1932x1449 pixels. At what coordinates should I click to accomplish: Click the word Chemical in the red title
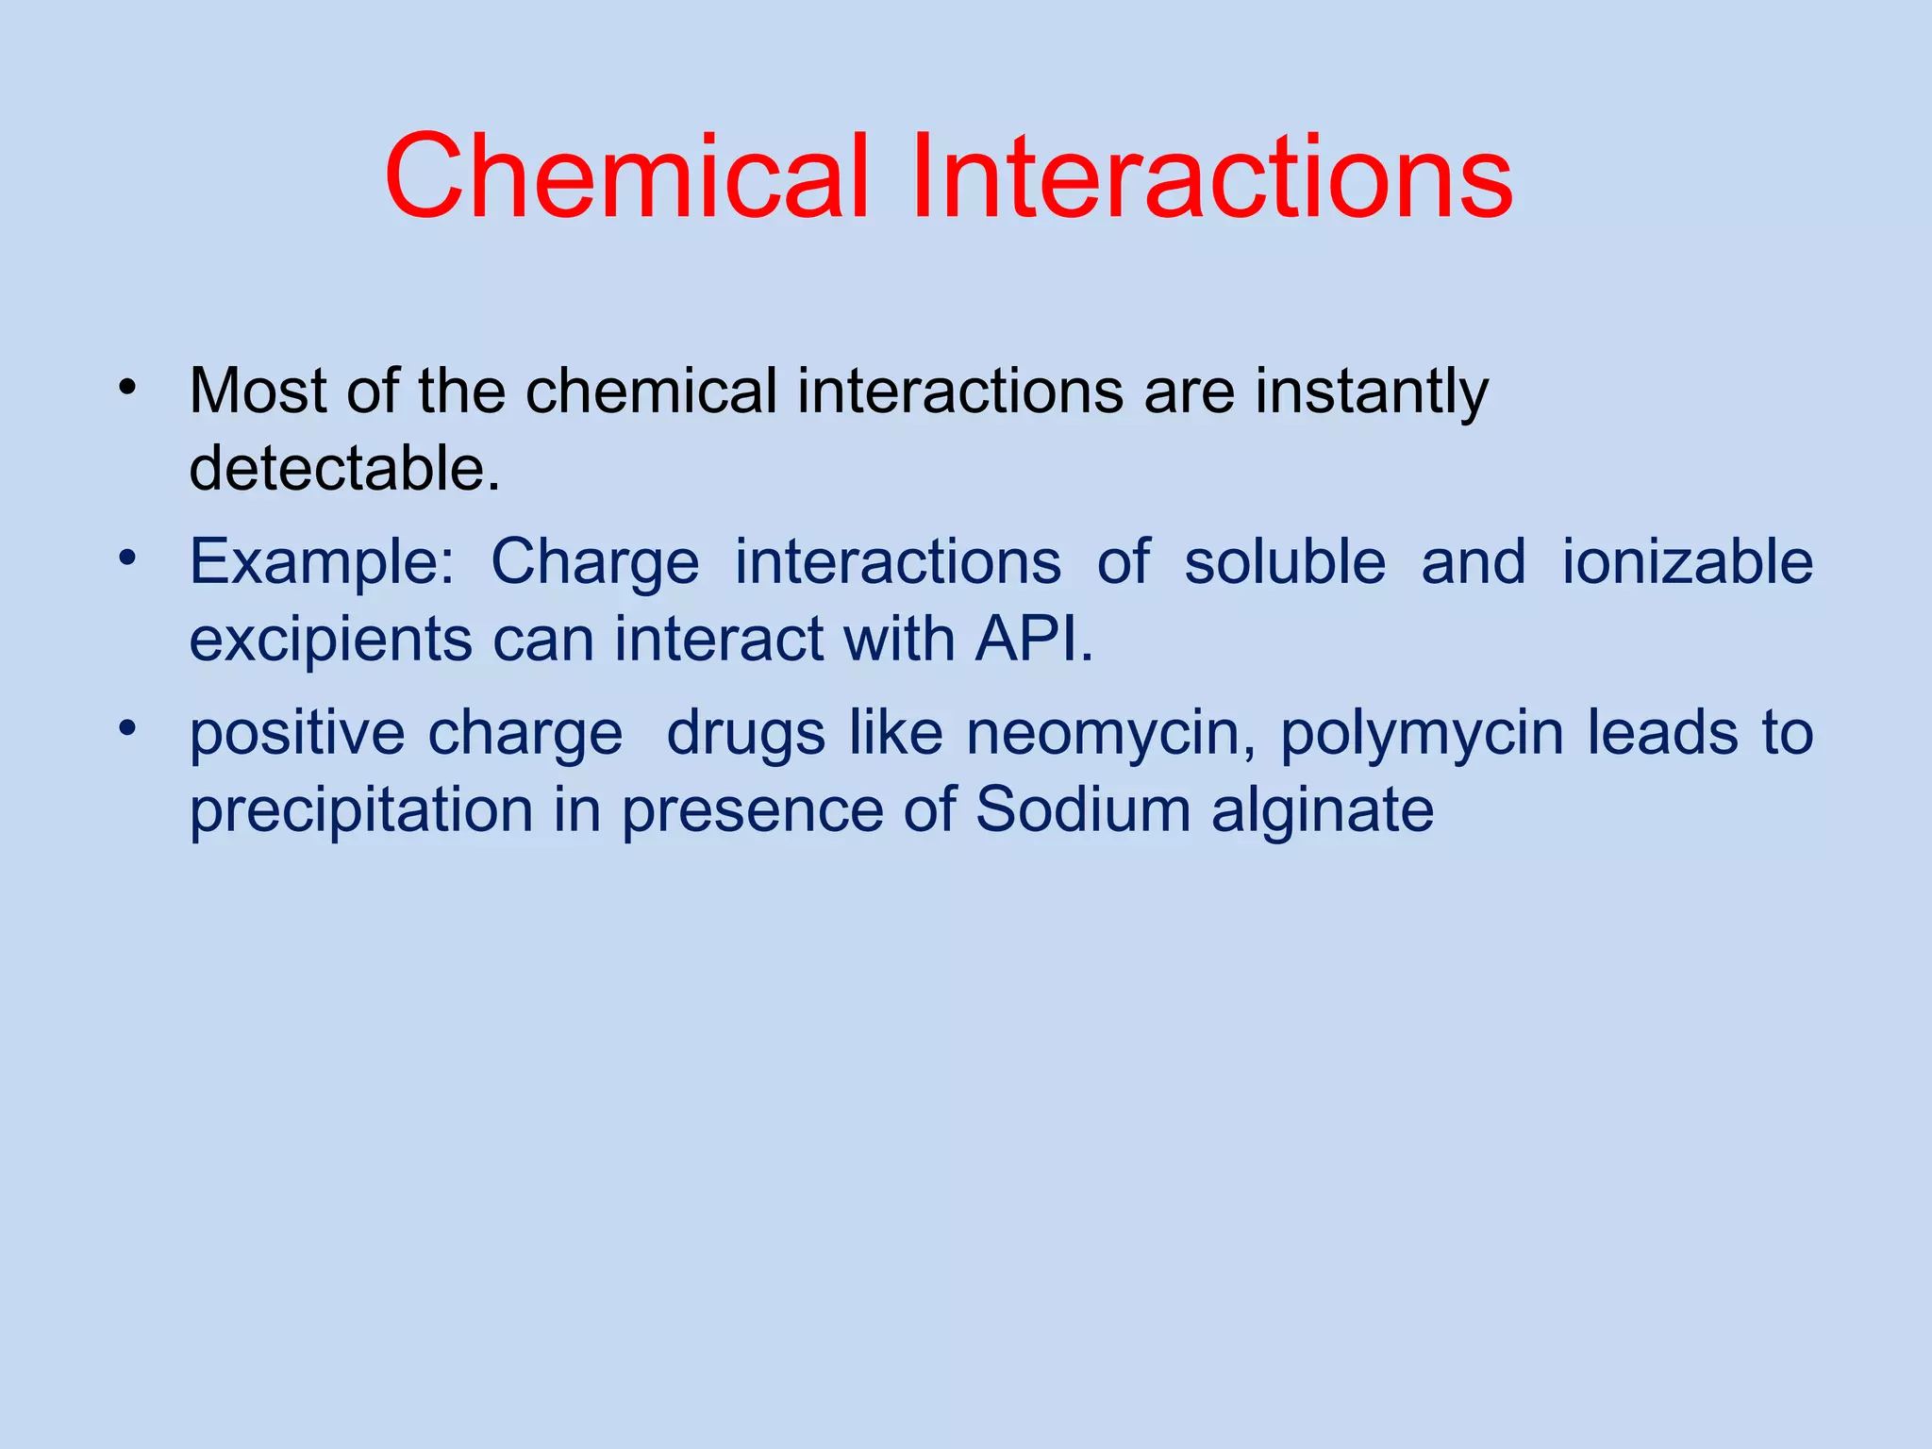(625, 177)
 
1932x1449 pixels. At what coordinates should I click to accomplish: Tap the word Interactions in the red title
(1211, 177)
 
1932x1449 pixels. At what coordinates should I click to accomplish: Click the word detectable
(344, 468)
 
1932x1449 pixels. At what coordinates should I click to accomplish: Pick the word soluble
(1285, 562)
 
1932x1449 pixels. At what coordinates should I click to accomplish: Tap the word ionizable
(1688, 562)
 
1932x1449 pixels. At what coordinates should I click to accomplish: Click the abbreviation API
(1034, 640)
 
